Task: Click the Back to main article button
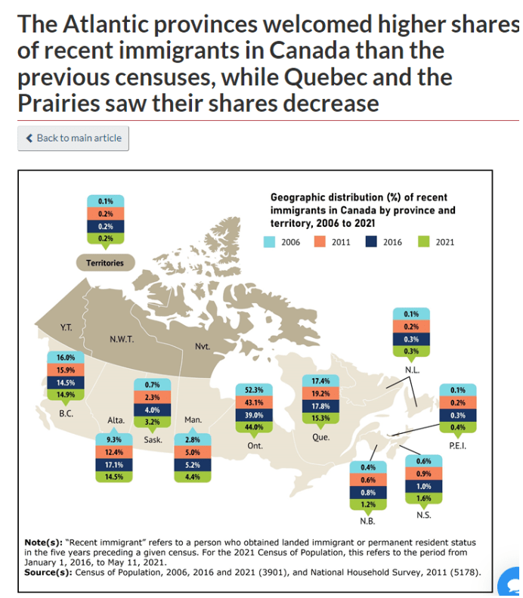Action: pyautogui.click(x=73, y=138)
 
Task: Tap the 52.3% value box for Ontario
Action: pyautogui.click(x=253, y=389)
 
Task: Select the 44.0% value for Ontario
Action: pyautogui.click(x=253, y=426)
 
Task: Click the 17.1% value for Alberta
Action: pyautogui.click(x=113, y=464)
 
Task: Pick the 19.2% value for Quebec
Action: pyautogui.click(x=320, y=394)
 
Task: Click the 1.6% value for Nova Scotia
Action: pyautogui.click(x=423, y=498)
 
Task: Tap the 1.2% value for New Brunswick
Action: pyautogui.click(x=368, y=504)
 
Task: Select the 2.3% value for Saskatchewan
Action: pyautogui.click(x=151, y=398)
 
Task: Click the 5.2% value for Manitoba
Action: pyautogui.click(x=191, y=464)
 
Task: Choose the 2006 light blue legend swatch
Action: pyautogui.click(x=269, y=242)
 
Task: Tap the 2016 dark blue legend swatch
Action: pyautogui.click(x=372, y=242)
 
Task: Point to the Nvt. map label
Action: pyautogui.click(x=203, y=346)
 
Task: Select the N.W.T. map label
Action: pyautogui.click(x=122, y=339)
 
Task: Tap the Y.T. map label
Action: pyautogui.click(x=67, y=328)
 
